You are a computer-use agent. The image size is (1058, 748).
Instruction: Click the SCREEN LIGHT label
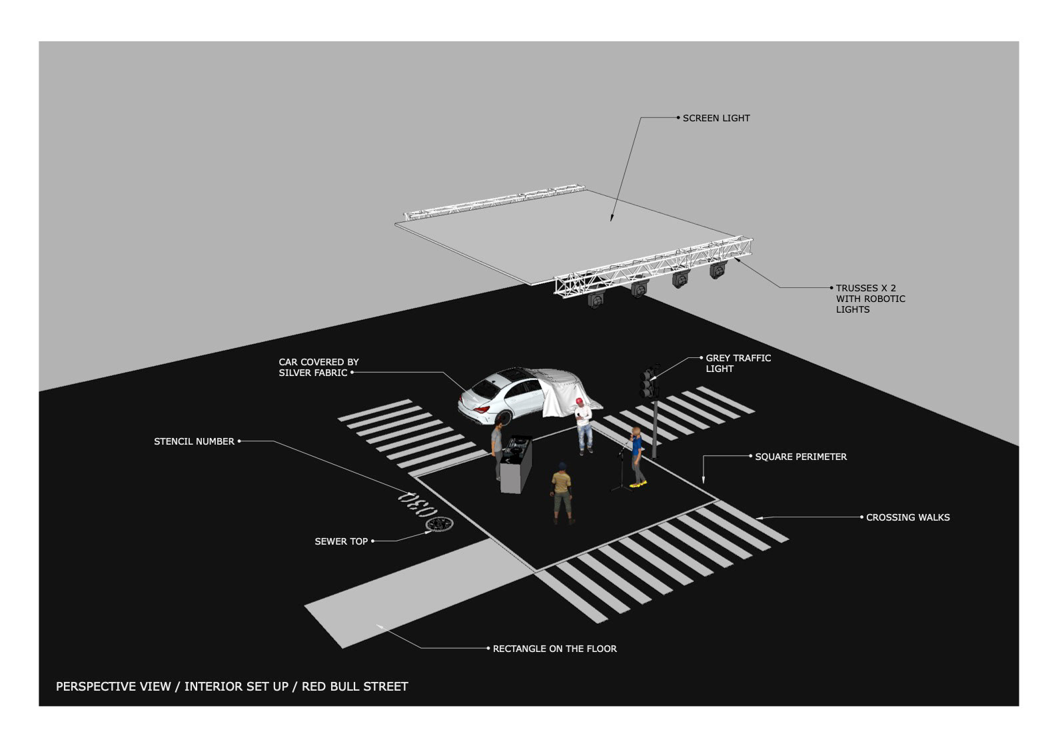pos(716,118)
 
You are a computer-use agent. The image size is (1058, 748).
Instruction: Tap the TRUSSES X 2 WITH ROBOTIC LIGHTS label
pos(870,299)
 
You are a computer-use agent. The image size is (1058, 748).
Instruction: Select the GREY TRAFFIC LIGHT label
pos(738,363)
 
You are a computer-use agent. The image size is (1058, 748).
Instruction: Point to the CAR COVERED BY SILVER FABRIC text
pos(318,367)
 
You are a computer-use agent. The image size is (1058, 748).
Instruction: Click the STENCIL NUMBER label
pos(194,441)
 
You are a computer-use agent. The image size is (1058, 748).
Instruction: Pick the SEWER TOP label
pos(341,541)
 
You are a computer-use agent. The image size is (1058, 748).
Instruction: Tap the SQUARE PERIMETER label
pos(800,457)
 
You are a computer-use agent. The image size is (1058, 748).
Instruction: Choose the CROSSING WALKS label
pos(907,517)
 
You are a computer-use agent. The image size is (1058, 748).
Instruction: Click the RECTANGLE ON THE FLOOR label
pos(554,649)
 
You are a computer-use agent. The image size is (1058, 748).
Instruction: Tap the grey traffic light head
pos(648,382)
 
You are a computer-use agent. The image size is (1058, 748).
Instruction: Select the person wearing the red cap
pos(584,427)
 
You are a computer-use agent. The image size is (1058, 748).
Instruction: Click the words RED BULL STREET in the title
pos(354,687)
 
